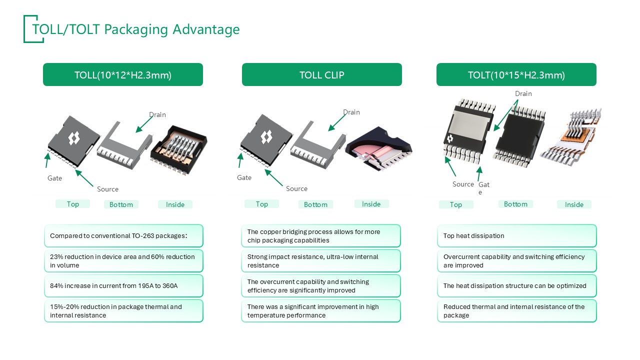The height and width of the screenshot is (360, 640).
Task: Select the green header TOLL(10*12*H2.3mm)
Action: (123, 75)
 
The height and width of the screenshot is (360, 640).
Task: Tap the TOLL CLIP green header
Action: (321, 75)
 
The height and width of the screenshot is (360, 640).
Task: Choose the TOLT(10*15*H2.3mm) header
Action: (516, 75)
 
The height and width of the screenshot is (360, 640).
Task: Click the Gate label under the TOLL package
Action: (54, 178)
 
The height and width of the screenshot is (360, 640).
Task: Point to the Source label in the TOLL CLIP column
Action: (296, 188)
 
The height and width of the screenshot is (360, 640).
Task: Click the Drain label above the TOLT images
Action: (523, 94)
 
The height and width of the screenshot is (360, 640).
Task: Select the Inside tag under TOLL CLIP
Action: (371, 204)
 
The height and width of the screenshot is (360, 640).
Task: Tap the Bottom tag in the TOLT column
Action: (515, 204)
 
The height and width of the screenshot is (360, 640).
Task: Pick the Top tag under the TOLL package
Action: (73, 204)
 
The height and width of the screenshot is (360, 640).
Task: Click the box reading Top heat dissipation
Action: (516, 235)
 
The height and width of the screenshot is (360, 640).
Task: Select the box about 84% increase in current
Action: (123, 285)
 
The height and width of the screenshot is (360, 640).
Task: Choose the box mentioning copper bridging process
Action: (321, 235)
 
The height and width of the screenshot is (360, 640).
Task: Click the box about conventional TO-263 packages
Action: (123, 235)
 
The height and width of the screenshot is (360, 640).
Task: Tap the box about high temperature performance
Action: (321, 310)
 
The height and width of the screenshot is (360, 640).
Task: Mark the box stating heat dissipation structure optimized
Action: (516, 285)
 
